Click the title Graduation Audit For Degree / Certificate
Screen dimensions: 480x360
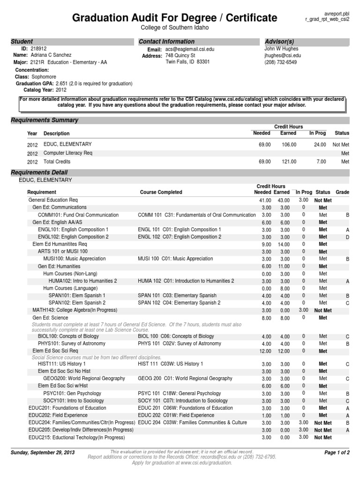174,18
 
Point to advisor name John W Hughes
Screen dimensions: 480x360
281,49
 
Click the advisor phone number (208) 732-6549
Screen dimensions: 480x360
280,62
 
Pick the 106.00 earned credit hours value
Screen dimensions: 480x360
288,145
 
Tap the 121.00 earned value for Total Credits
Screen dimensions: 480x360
288,162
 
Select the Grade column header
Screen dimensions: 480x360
343,192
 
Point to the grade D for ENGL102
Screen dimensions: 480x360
348,237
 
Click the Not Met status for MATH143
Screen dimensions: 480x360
322,310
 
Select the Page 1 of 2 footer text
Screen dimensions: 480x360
337,452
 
